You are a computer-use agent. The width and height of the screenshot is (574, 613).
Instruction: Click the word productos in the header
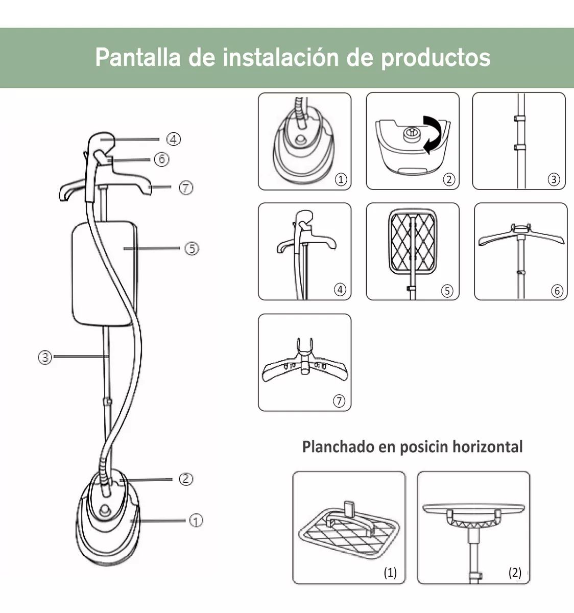point(436,58)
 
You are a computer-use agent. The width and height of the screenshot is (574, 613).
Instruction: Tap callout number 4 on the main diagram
point(173,139)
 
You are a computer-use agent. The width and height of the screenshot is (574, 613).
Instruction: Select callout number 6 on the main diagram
point(161,159)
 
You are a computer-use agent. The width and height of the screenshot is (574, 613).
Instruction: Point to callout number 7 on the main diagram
point(185,188)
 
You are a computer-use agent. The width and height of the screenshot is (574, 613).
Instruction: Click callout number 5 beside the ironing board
point(191,249)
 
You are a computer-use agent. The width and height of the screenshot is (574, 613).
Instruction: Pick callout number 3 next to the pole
point(45,357)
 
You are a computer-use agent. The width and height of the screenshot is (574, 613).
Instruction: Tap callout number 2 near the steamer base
point(185,479)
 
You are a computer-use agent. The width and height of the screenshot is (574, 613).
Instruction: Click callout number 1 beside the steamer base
point(196,521)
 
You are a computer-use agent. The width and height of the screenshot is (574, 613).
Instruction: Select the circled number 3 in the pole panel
point(554,179)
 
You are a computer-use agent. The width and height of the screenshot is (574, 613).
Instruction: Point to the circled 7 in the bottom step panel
point(339,401)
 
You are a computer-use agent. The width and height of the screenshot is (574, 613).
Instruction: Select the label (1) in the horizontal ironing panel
point(390,573)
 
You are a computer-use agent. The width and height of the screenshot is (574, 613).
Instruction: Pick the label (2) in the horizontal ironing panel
point(515,573)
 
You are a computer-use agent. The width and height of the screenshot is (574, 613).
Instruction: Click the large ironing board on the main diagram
point(105,274)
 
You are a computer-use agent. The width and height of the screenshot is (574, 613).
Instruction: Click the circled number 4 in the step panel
point(340,290)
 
